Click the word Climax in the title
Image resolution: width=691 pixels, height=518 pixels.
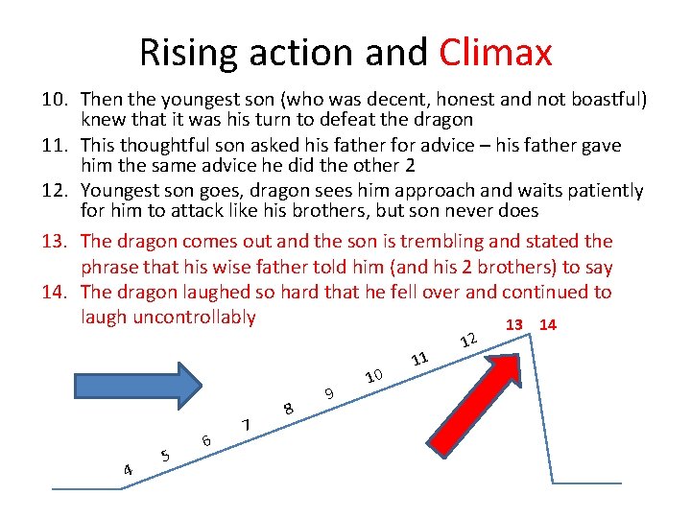(496, 52)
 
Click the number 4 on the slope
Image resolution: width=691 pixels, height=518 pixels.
(128, 469)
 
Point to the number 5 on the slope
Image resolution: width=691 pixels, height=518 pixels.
(166, 455)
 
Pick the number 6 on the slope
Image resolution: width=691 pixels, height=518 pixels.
(205, 439)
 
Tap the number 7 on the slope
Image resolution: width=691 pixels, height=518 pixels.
(247, 424)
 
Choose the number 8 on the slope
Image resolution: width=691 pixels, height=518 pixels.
(288, 408)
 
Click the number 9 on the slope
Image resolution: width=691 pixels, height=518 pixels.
(329, 391)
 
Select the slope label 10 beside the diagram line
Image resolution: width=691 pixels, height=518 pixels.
(374, 374)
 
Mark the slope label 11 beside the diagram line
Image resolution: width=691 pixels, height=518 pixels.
(419, 359)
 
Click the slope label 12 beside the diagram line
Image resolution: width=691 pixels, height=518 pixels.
(468, 339)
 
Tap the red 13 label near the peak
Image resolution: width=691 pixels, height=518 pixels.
(514, 324)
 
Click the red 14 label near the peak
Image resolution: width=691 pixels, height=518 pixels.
(548, 324)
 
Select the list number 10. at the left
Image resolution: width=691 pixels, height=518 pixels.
(56, 99)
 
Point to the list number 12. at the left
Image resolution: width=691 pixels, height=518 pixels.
(56, 191)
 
